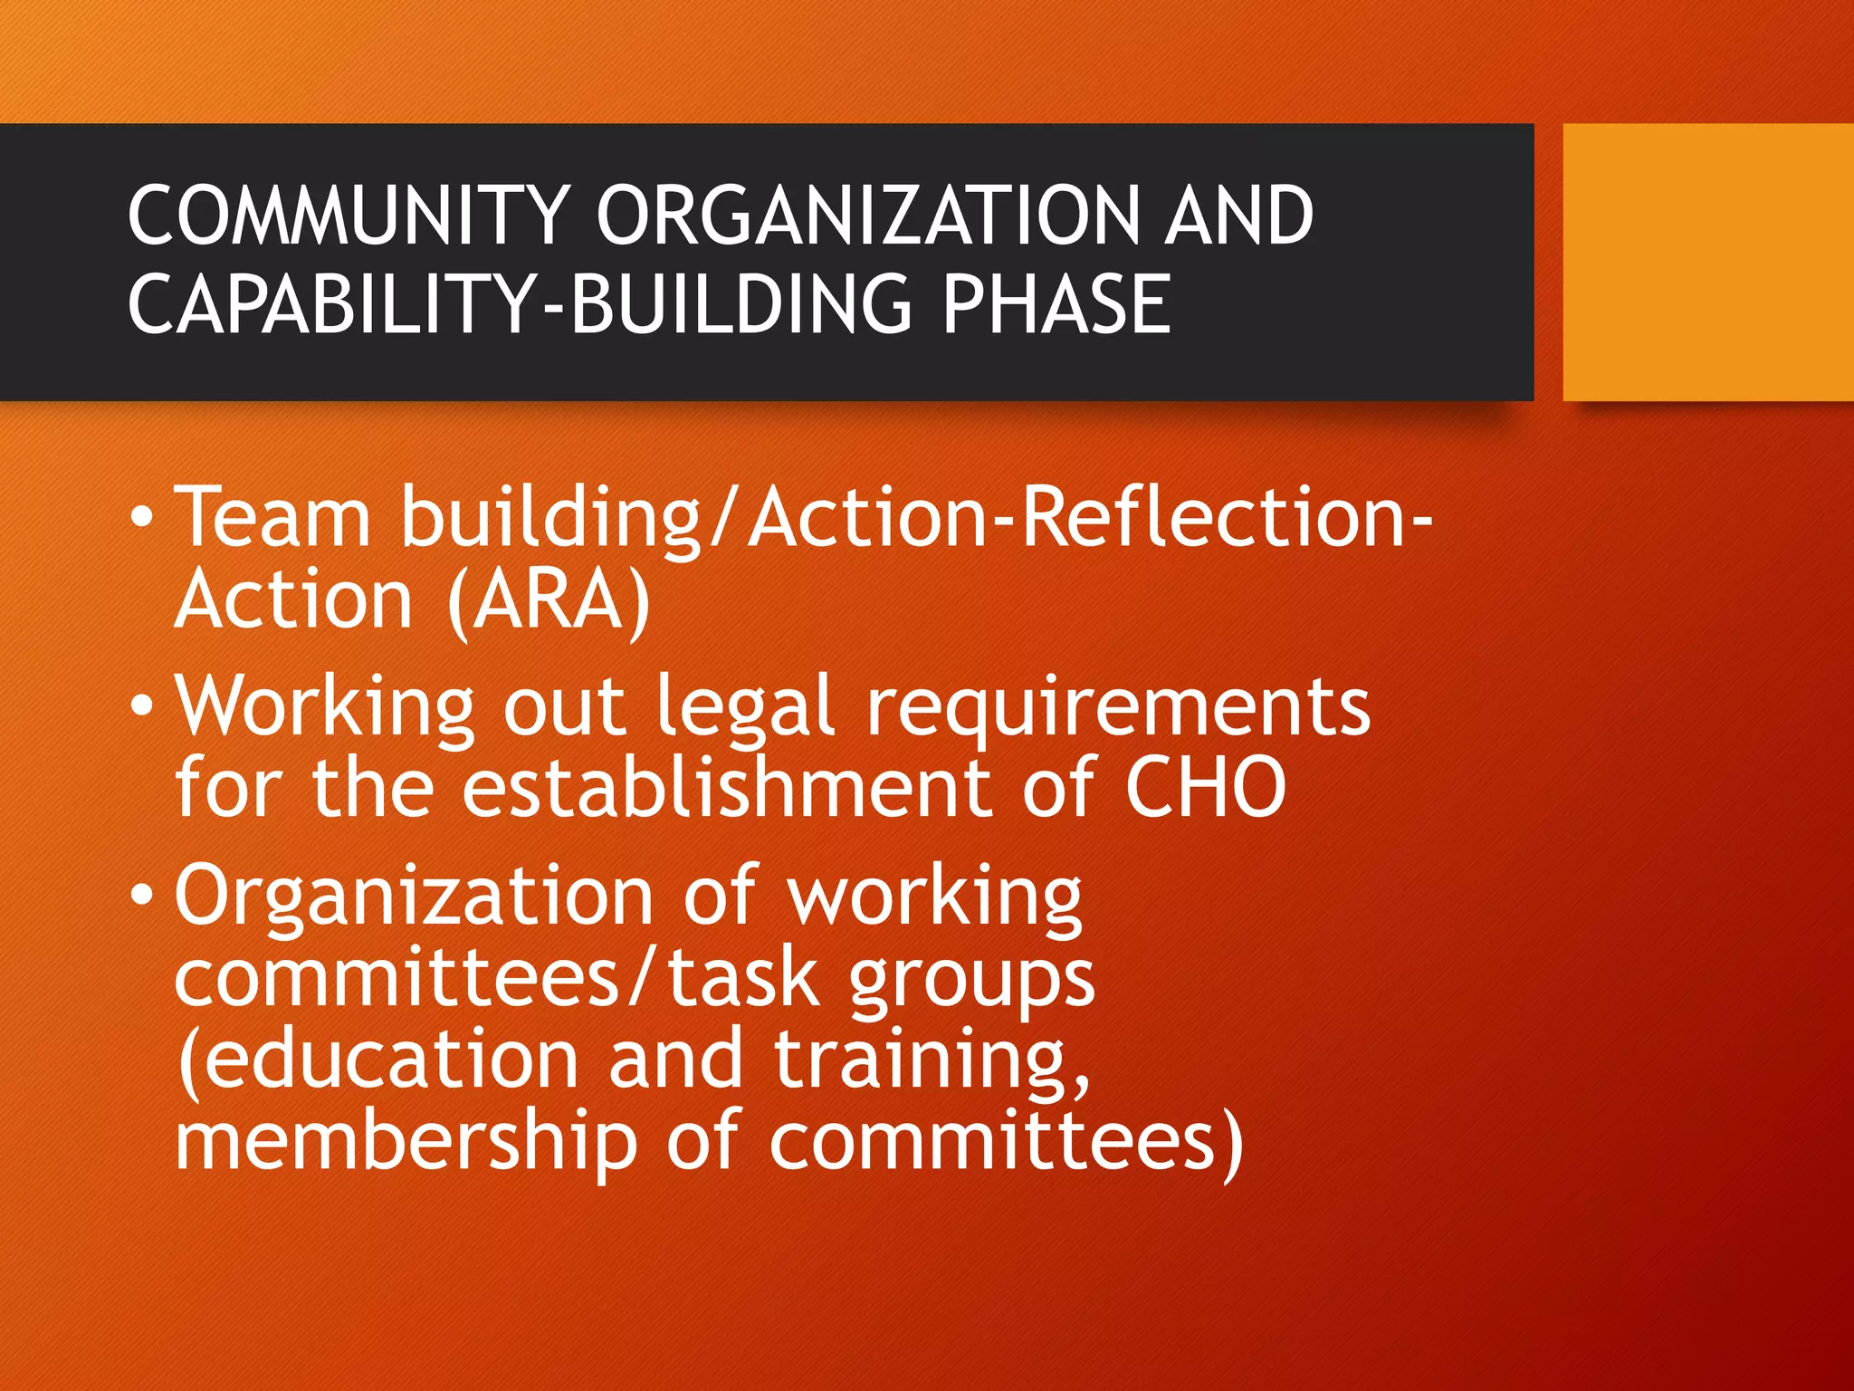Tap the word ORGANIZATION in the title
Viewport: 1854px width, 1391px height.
click(x=865, y=215)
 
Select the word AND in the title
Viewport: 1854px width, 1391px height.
click(x=1238, y=215)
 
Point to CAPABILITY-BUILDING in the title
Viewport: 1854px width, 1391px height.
click(x=521, y=303)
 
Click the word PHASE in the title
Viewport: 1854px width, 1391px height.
click(x=1056, y=303)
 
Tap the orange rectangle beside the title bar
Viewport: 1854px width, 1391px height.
click(x=1707, y=262)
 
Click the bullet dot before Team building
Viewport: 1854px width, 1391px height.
click(x=142, y=518)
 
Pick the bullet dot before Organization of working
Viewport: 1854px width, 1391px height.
click(x=142, y=895)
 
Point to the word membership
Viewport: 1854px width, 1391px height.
click(x=406, y=1141)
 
